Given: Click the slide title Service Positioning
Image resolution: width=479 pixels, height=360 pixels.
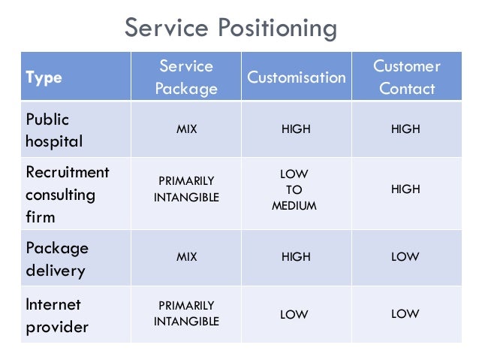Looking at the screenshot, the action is (x=230, y=29).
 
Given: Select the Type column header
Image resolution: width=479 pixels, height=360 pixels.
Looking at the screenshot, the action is (x=44, y=77).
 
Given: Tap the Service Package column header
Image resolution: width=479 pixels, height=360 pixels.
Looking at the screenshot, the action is (x=186, y=77).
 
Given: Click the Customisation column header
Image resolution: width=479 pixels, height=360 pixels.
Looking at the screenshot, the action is (x=296, y=77).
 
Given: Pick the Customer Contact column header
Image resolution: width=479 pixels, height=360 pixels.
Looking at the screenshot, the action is (x=406, y=77).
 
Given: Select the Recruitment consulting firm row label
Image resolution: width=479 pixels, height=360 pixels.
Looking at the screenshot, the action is (x=67, y=195).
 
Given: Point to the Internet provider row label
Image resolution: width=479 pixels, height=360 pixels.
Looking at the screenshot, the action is (x=57, y=316).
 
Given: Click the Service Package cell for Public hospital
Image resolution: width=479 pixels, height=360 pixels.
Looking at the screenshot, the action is (x=186, y=129).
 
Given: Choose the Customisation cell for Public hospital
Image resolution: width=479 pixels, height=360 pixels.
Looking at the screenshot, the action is (x=296, y=129).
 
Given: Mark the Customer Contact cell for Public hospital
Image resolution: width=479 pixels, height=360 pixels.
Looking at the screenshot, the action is (x=405, y=129).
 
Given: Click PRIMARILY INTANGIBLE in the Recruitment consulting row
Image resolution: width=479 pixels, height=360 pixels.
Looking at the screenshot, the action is (x=186, y=189).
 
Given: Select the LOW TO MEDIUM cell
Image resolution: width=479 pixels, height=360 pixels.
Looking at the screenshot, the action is (x=294, y=190).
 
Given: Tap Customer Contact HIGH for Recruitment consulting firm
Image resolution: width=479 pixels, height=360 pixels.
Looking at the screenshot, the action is (x=405, y=189).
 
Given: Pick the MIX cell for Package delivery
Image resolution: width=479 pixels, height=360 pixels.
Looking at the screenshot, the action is (x=186, y=257).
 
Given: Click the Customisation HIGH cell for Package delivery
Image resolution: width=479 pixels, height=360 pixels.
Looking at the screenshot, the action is (x=296, y=257).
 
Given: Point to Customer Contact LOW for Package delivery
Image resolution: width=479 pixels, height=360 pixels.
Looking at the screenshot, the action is (x=405, y=257).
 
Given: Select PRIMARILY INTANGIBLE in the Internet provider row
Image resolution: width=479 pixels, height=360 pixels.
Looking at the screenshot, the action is (x=186, y=313).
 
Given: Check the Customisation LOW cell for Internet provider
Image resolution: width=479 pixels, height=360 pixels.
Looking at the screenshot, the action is (x=294, y=315).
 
